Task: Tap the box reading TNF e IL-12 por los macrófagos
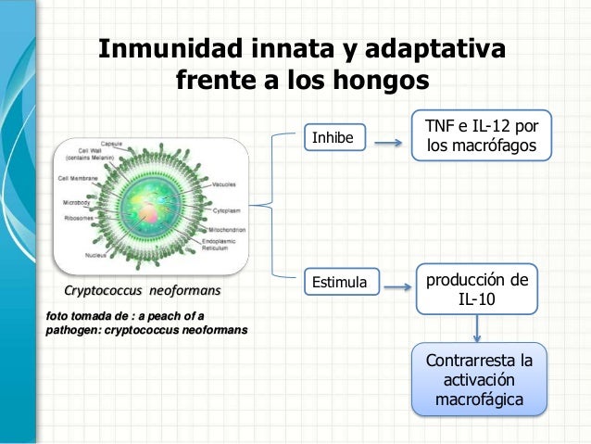[483, 137]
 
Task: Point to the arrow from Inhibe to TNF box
[393, 144]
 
